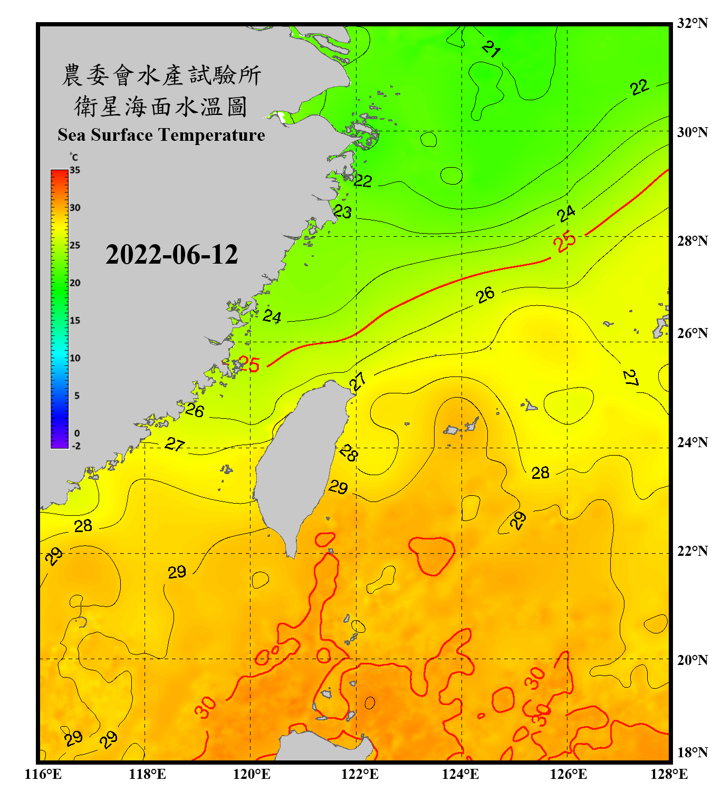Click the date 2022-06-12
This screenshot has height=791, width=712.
click(171, 255)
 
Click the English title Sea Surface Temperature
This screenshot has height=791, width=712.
click(161, 135)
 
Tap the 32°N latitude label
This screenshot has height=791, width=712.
click(692, 23)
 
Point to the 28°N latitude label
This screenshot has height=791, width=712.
click(692, 241)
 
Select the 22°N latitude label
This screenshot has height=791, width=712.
click(692, 551)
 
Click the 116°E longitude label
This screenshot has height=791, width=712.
click(43, 774)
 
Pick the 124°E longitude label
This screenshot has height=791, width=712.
click(460, 774)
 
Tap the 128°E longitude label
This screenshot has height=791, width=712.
click(669, 774)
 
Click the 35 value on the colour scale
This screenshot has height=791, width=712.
click(75, 170)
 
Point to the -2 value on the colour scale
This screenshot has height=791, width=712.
click(76, 446)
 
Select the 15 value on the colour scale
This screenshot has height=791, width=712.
click(75, 321)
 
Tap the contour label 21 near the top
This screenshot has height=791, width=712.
click(491, 49)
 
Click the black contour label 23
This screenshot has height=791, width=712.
click(343, 212)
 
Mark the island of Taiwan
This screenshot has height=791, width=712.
click(301, 459)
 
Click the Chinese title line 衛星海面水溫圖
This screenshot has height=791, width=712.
click(161, 107)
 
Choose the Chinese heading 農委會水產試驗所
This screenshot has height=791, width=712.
click(161, 75)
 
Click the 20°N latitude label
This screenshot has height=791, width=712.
click(692, 660)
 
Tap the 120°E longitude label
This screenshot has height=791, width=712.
click(252, 774)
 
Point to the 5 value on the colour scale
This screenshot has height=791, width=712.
click(77, 395)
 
